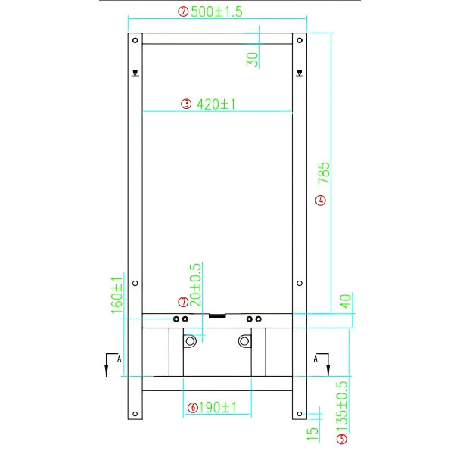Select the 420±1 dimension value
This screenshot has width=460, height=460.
tap(216, 104)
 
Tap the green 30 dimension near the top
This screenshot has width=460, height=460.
tap(253, 57)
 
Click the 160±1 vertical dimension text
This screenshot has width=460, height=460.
tap(117, 294)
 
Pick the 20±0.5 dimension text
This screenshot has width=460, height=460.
tap(195, 284)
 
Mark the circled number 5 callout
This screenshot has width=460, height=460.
tap(342, 438)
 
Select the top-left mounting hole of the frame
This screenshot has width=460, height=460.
tap(135, 40)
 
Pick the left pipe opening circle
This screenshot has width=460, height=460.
tap(190, 343)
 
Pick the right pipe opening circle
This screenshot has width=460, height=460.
tap(244, 343)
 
